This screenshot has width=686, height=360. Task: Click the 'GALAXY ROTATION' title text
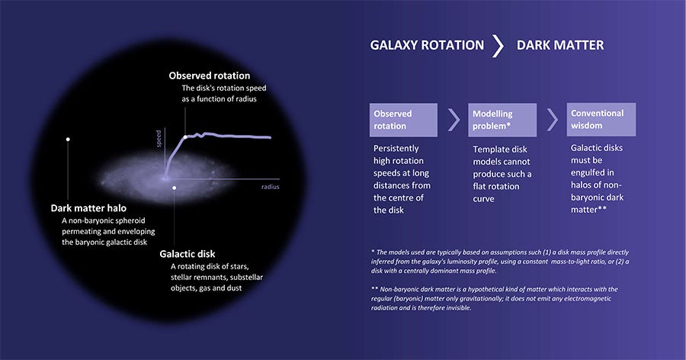coord(427,45)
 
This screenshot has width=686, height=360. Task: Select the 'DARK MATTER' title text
coord(560,45)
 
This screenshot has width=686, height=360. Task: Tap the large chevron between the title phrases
coord(498,46)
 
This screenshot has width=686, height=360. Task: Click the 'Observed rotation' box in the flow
coord(403,120)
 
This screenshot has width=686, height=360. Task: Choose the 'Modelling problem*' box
coord(502,120)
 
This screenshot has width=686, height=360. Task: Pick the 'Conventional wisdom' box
coord(601,119)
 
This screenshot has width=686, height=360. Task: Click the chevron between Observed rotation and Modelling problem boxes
coord(454,120)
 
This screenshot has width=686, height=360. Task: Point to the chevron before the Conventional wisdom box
coord(553,120)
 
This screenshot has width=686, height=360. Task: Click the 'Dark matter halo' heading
coord(88,208)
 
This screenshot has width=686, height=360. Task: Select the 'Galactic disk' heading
coord(188,254)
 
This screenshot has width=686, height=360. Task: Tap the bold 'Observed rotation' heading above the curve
coord(210,76)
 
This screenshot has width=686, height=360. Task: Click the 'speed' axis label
coord(159,138)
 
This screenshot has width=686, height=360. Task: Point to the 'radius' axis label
coord(271,187)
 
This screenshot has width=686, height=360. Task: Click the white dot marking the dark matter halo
coord(68,140)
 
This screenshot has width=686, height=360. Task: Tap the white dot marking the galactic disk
coord(174,188)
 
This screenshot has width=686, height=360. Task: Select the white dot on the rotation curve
coord(185,137)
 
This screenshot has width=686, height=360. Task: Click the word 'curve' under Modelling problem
coord(483,199)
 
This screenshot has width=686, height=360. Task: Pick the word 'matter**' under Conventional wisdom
coord(588,209)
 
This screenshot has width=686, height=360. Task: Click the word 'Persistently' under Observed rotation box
coord(396,149)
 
